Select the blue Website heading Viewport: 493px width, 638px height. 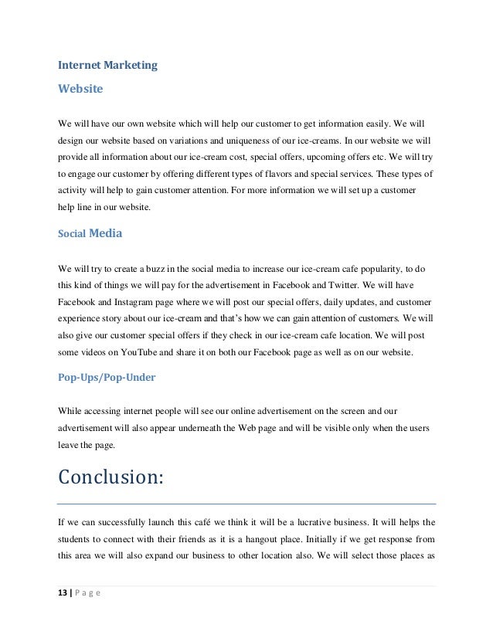click(x=81, y=89)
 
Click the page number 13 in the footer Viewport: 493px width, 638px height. click(x=64, y=592)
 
